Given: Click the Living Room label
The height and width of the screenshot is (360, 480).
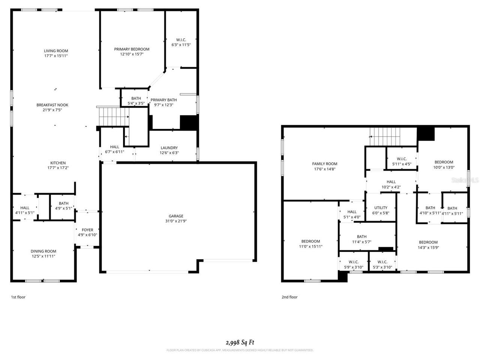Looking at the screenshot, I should pyautogui.click(x=56, y=51).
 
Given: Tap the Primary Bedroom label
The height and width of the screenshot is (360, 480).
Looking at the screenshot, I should pyautogui.click(x=132, y=49).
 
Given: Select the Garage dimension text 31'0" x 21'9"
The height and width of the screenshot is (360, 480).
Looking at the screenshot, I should pyautogui.click(x=176, y=221).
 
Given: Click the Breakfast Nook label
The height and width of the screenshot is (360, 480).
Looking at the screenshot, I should pyautogui.click(x=52, y=105).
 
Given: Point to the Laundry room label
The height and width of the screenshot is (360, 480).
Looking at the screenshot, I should pyautogui.click(x=169, y=148).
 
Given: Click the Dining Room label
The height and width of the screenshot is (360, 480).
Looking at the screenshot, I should pyautogui.click(x=43, y=251).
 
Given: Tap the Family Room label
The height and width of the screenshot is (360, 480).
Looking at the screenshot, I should pyautogui.click(x=325, y=164).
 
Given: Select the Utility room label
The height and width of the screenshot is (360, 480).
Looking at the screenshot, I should pyautogui.click(x=381, y=208).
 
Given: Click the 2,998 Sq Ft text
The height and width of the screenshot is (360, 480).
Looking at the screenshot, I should pyautogui.click(x=240, y=342).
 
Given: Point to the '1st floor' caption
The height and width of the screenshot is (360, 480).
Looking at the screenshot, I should pyautogui.click(x=18, y=297).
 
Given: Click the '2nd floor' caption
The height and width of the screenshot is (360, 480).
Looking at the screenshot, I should pyautogui.click(x=289, y=297).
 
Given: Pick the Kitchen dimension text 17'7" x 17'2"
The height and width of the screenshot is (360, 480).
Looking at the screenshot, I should pyautogui.click(x=58, y=168).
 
